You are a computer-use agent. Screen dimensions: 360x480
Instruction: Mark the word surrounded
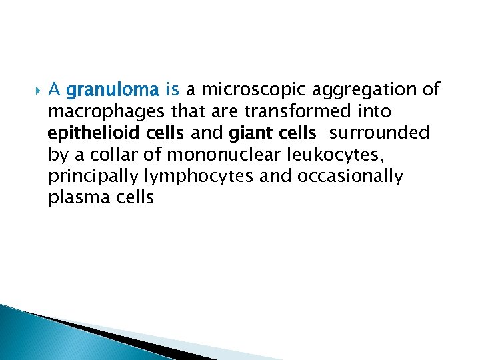point(379,133)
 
